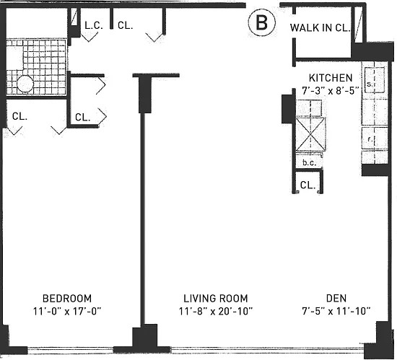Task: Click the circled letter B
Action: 261,22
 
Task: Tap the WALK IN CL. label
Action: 320,28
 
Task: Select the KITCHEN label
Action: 331,78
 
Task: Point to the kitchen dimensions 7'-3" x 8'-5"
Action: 331,90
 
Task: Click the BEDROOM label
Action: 67,299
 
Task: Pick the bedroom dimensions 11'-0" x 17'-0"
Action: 67,311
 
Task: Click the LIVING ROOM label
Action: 216,299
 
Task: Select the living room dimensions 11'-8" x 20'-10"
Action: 216,311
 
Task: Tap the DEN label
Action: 336,299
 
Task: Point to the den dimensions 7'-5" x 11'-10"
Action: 336,311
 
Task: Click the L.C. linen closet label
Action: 94,25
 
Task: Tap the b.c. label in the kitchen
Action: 309,163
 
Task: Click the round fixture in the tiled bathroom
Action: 25,84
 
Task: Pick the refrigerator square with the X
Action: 310,134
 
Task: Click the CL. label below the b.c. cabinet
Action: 307,185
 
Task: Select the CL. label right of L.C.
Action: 126,25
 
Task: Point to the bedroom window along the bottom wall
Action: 70,351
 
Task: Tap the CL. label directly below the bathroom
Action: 19,116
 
